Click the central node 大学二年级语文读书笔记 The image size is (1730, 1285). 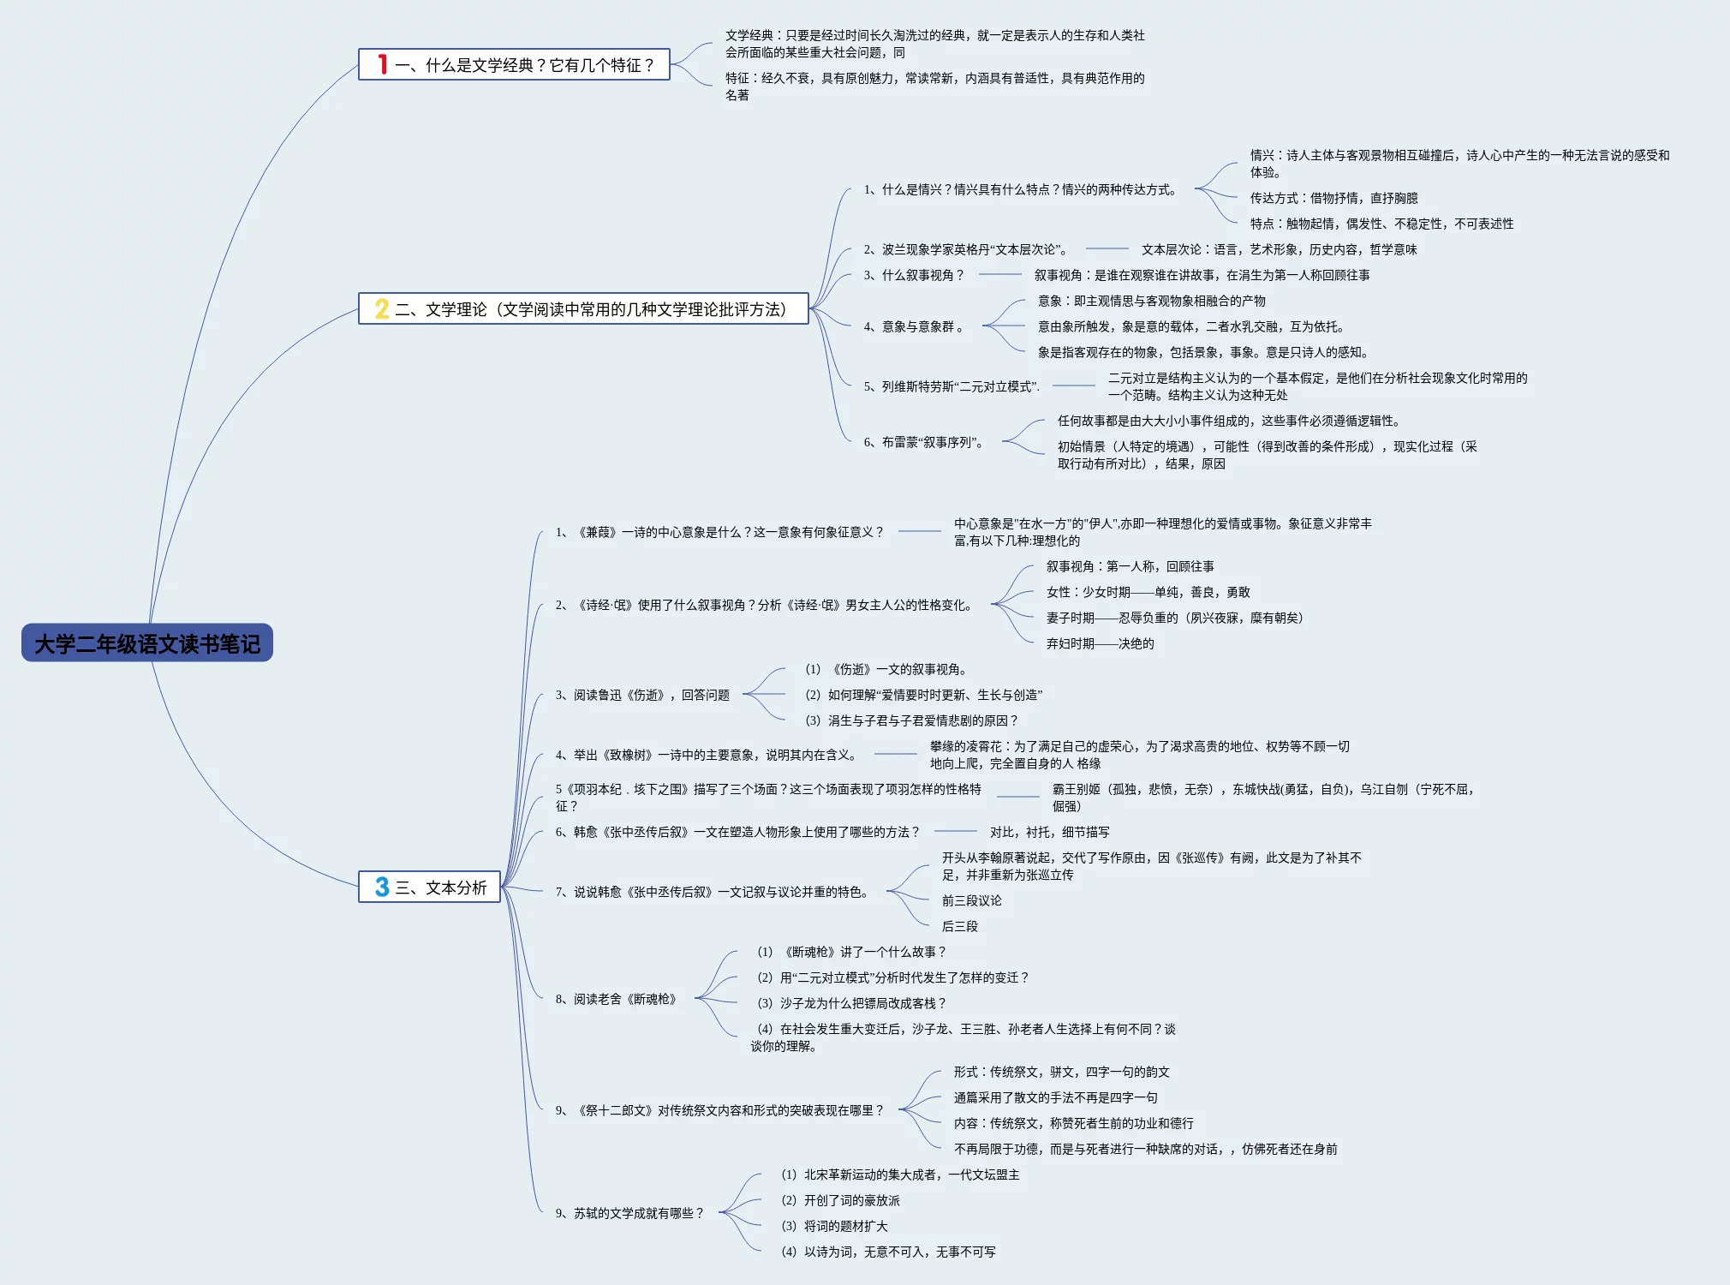[x=147, y=643]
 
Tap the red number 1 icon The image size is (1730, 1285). [x=383, y=64]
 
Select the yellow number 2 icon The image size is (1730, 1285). [x=382, y=309]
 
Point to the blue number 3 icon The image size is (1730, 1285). [x=382, y=888]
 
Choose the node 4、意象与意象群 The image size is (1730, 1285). [x=914, y=326]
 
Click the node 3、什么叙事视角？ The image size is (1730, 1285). [x=914, y=275]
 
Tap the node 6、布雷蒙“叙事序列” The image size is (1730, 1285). [x=924, y=442]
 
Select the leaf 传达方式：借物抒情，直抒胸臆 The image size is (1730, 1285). [x=1333, y=198]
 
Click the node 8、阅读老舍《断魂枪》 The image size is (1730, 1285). [x=617, y=999]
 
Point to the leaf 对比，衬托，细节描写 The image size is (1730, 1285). [x=1049, y=832]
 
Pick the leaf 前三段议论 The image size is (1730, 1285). [x=971, y=900]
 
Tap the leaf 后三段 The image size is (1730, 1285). [x=959, y=926]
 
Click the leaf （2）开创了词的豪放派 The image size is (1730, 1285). [x=840, y=1200]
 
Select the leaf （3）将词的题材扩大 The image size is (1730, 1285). [x=834, y=1226]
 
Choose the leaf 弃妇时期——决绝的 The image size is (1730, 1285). [x=1100, y=643]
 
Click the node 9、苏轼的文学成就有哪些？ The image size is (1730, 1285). [x=629, y=1213]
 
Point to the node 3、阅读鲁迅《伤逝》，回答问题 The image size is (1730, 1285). [x=642, y=695]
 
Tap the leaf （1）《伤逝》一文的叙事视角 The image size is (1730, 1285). [x=886, y=669]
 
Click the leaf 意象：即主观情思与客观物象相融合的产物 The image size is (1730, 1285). [x=1151, y=301]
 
